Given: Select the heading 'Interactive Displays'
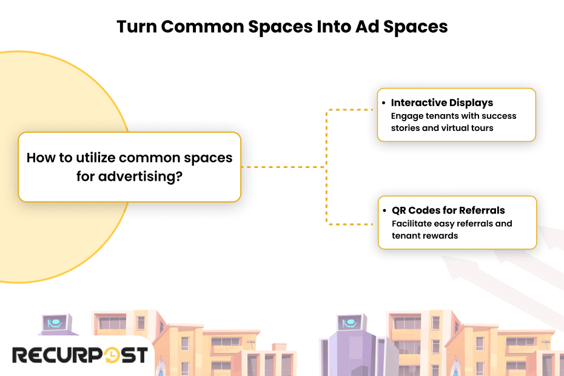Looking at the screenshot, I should pos(441,102).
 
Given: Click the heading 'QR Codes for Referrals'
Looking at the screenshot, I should pos(448,210).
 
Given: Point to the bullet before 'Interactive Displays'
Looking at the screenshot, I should pos(383,102).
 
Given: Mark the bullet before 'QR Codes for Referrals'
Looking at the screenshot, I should pos(384,210).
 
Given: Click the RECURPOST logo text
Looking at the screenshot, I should pos(80,355).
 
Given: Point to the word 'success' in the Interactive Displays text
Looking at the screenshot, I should pos(499,116).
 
